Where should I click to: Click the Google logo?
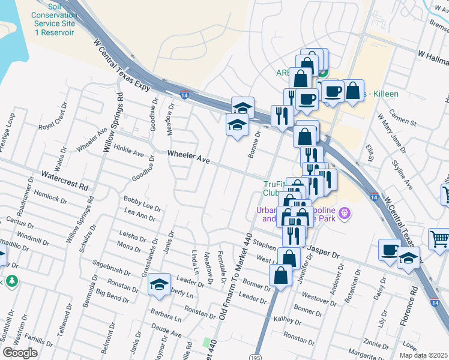coord(20,353)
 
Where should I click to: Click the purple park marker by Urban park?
coord(344,212)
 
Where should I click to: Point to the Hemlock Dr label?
coord(55,196)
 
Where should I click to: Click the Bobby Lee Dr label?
coord(142,203)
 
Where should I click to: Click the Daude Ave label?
coord(166,329)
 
